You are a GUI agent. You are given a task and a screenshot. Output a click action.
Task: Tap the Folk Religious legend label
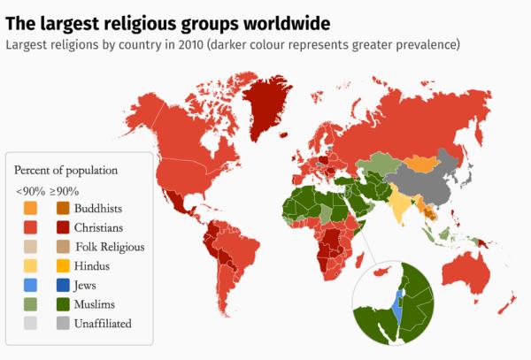pos(110,247)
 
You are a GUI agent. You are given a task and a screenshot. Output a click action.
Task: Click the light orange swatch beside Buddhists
pos(30,209)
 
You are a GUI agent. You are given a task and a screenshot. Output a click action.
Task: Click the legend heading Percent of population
pos(65,170)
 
